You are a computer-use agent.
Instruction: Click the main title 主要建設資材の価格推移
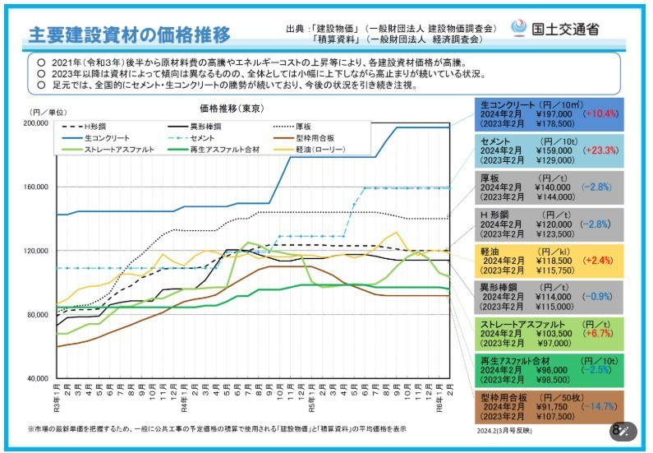(129, 35)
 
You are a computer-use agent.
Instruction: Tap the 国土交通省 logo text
(564, 30)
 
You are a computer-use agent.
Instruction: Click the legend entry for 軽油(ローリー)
(320, 149)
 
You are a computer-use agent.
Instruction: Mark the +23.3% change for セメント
(603, 151)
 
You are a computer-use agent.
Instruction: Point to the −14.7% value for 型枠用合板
(602, 406)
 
